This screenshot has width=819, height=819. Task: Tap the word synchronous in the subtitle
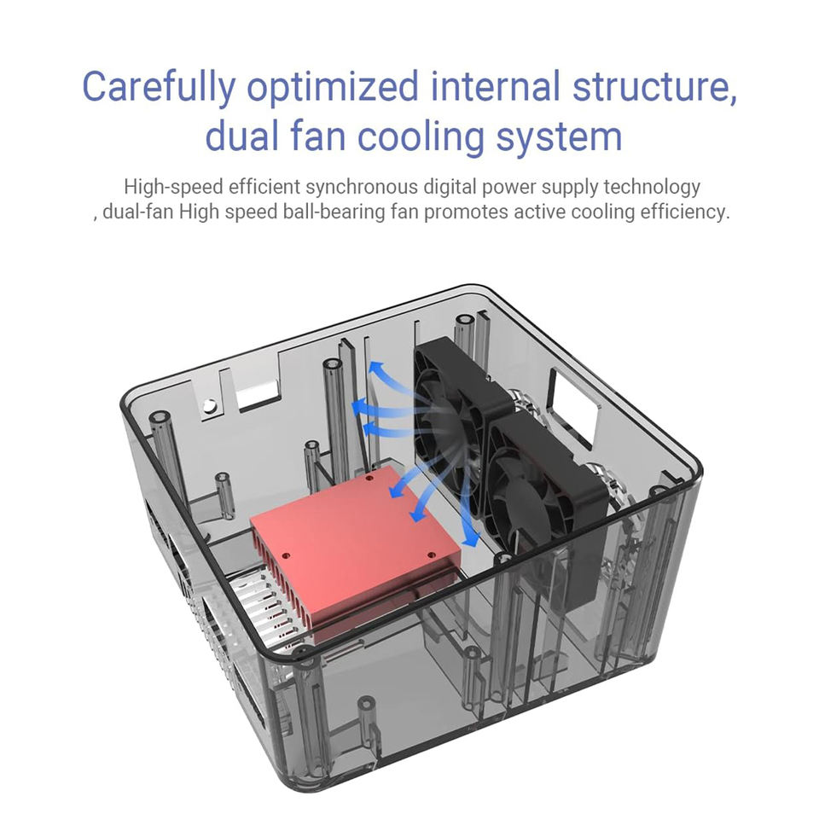coord(362,187)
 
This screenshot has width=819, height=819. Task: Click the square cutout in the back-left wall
coord(257,395)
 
